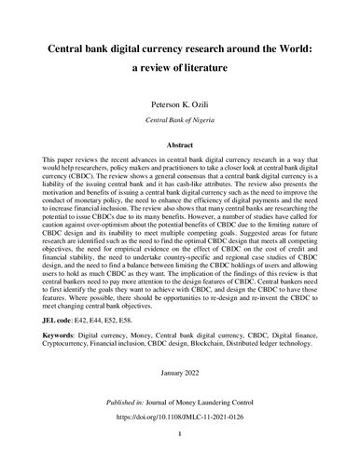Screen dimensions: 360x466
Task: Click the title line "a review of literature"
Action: (179, 69)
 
